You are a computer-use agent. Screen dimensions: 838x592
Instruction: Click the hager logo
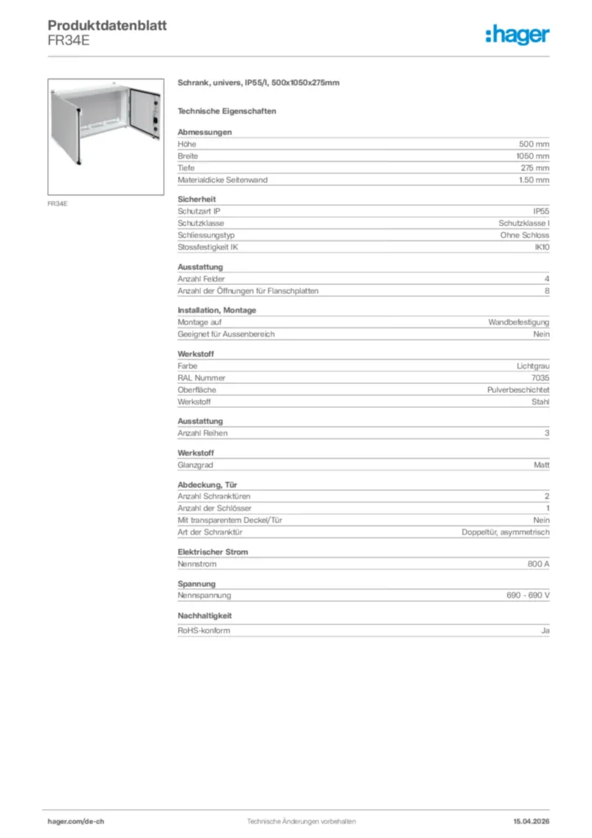point(517,34)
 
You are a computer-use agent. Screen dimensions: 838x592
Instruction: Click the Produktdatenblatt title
point(107,26)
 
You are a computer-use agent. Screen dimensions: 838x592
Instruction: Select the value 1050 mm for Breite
point(532,155)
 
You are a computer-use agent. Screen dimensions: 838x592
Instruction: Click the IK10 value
point(541,247)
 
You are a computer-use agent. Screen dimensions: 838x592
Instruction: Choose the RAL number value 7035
point(540,378)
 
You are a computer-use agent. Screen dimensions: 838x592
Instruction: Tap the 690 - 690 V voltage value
point(528,596)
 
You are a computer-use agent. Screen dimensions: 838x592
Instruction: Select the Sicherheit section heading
point(196,199)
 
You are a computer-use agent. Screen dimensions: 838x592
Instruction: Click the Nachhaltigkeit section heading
point(205,615)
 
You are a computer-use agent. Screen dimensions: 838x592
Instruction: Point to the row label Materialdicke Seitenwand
point(222,180)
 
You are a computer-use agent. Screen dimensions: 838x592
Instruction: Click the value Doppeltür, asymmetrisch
point(506,532)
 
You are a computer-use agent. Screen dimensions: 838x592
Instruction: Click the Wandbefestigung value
point(518,322)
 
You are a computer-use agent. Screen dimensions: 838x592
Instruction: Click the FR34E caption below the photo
point(57,203)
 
